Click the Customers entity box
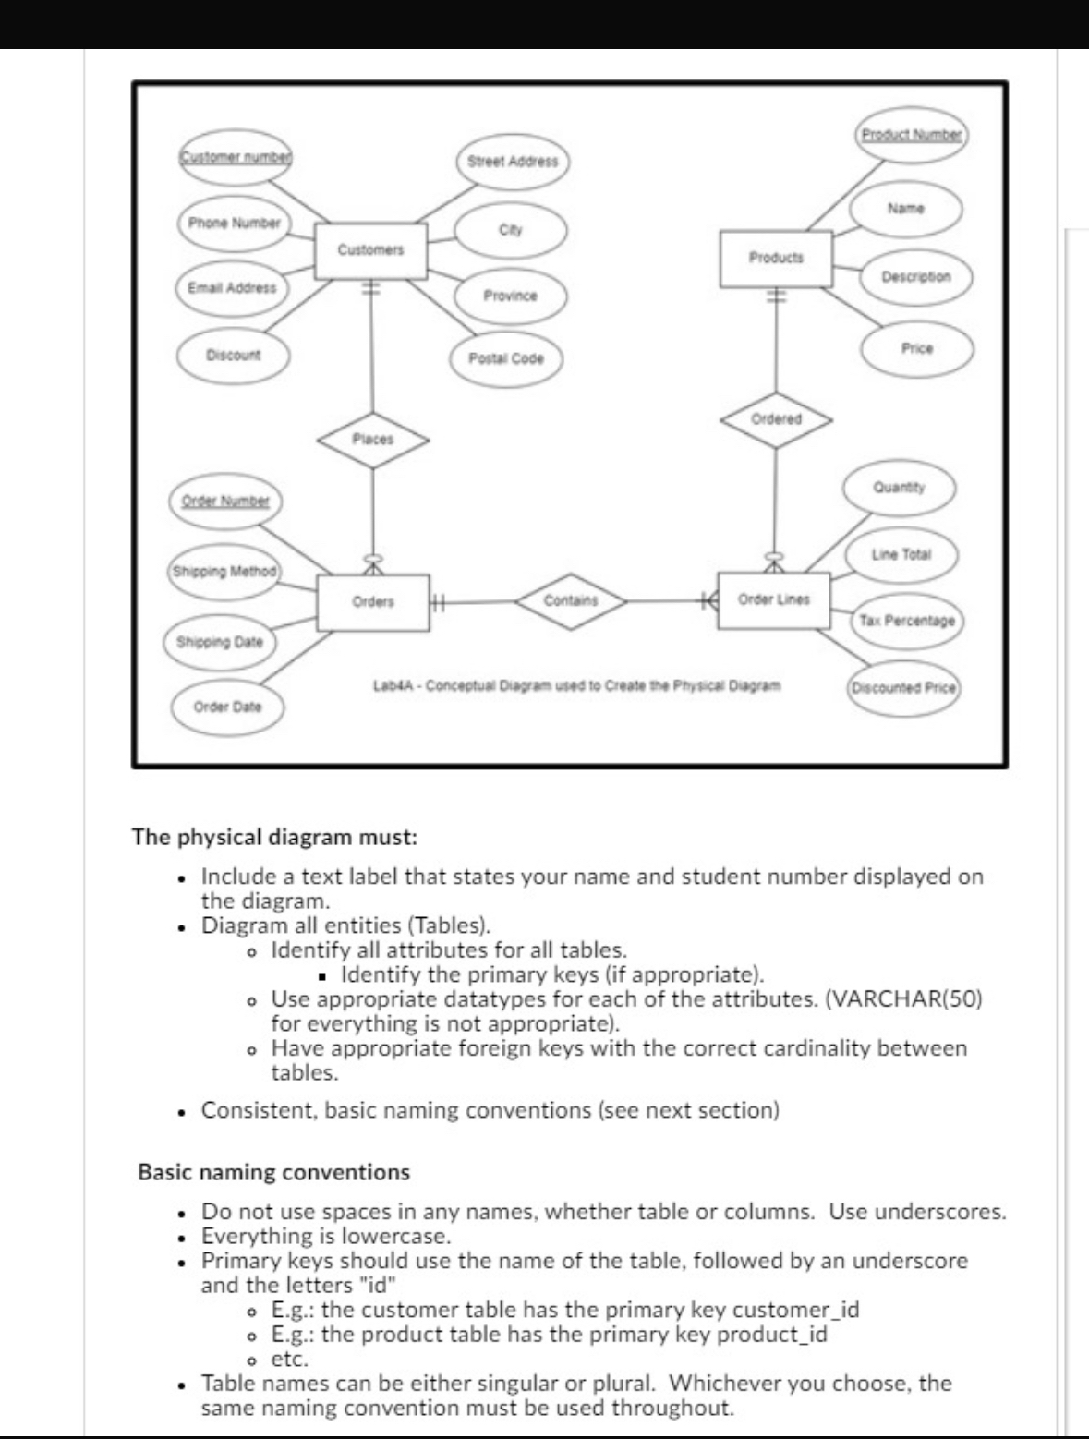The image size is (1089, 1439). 370,250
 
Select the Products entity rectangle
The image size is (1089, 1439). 776,258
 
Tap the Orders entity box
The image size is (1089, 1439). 372,601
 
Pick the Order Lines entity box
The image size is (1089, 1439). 774,599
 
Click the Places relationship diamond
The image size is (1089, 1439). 373,440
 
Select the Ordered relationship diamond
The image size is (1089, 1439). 776,418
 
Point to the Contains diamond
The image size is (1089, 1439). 571,600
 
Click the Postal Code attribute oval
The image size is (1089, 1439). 506,358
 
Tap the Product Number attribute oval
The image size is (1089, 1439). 912,134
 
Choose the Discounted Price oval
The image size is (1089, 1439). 904,687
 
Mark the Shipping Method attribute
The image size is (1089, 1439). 224,571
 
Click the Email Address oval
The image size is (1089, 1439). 232,287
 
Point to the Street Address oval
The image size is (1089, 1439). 513,161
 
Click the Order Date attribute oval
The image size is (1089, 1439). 227,707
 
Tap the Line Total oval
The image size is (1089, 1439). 901,554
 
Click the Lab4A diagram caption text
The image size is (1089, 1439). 577,686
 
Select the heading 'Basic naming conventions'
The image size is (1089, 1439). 273,1172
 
